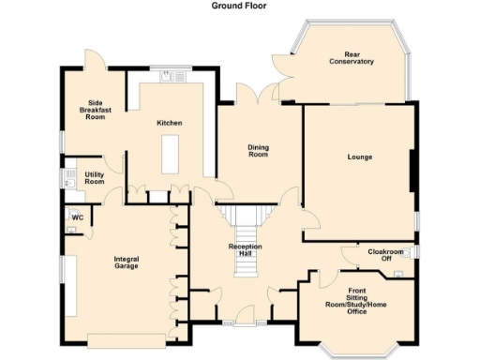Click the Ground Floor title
click(x=240, y=6)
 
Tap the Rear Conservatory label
click(x=352, y=58)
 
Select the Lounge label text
click(x=359, y=157)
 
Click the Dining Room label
click(x=258, y=150)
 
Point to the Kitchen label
click(x=170, y=123)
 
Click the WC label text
click(x=79, y=217)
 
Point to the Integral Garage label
click(x=126, y=262)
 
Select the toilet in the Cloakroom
click(x=398, y=274)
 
